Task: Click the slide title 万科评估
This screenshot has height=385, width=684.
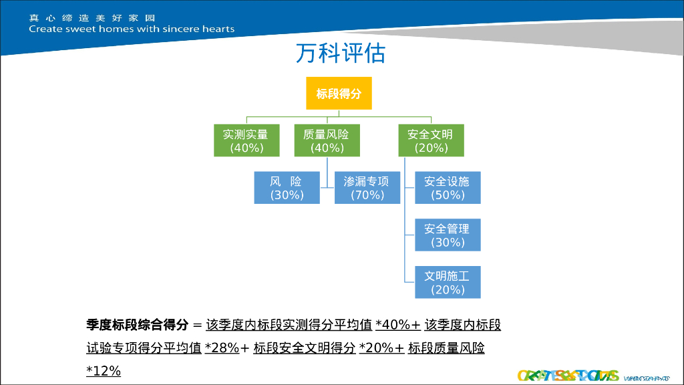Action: click(341, 54)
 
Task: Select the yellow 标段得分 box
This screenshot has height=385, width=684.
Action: click(339, 93)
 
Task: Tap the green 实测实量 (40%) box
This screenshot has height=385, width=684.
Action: click(246, 141)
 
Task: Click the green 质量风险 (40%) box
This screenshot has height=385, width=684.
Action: click(327, 141)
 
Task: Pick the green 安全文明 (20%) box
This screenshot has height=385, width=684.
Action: click(431, 141)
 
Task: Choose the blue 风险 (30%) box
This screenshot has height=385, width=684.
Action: click(287, 188)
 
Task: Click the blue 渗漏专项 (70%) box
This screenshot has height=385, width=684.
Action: click(367, 188)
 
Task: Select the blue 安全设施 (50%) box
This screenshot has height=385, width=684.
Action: click(448, 188)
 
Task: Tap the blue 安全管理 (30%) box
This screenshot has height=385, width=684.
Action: click(448, 235)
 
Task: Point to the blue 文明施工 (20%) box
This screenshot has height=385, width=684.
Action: click(448, 282)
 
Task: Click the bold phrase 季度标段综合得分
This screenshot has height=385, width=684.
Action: click(137, 326)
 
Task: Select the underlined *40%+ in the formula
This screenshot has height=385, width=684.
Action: click(397, 326)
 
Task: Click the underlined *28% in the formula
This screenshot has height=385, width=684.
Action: click(222, 348)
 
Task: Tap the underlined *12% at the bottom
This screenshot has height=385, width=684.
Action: click(104, 370)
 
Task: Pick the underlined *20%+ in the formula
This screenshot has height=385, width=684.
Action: click(381, 348)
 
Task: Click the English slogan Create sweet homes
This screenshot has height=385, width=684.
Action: click(132, 29)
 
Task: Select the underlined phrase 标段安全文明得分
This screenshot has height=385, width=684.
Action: click(304, 348)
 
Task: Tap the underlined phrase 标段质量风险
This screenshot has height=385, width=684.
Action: click(446, 348)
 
